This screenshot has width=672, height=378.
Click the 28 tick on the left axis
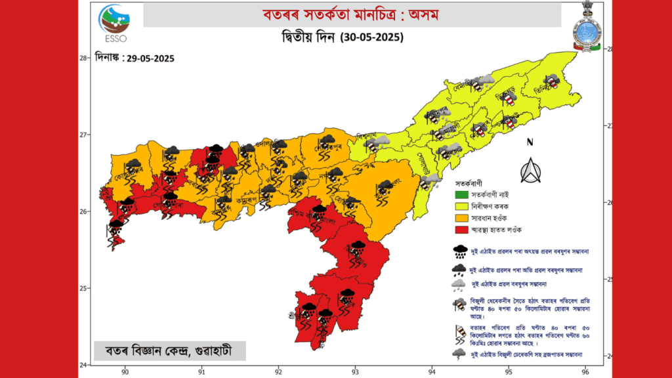84,58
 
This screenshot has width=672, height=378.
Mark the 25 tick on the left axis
84,288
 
